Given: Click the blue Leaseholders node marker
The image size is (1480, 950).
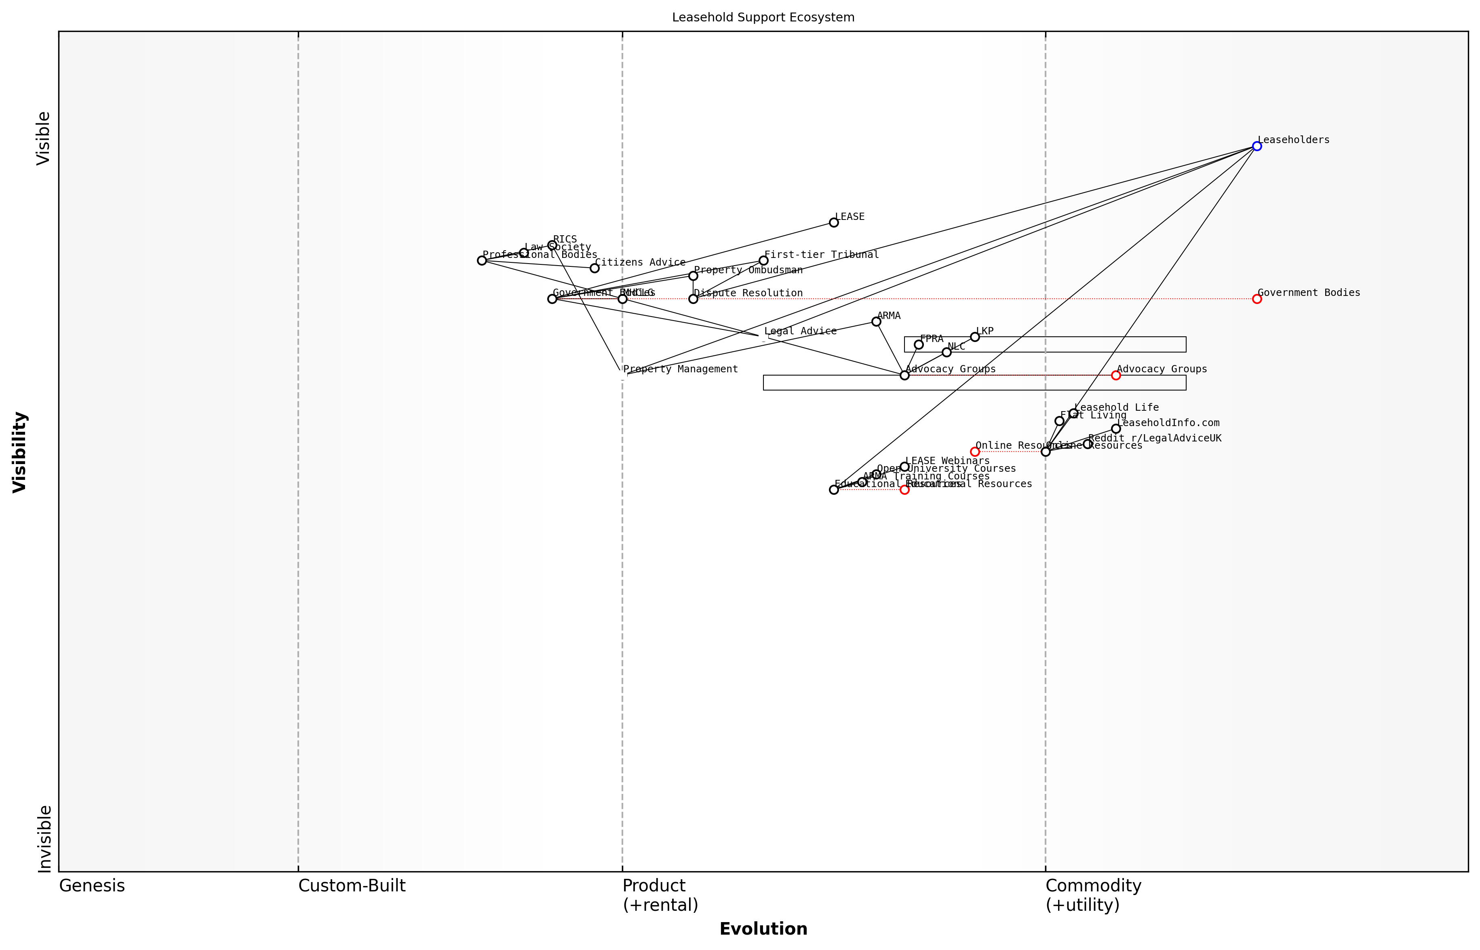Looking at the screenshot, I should coord(1256,146).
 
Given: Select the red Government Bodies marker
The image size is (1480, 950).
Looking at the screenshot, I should coord(1256,299).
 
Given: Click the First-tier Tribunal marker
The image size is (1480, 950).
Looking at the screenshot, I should coord(763,260).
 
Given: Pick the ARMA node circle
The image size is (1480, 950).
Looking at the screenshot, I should coord(876,321).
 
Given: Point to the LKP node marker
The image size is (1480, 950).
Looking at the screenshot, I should coord(974,337).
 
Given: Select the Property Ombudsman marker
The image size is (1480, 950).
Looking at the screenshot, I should coord(693,276).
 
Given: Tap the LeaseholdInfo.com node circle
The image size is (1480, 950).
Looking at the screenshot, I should coord(1115,429).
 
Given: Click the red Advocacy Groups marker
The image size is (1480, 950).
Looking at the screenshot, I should coord(1115,375).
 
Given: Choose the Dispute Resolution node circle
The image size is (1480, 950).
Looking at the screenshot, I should coord(693,299).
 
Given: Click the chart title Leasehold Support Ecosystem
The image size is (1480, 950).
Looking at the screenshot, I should coord(763,17).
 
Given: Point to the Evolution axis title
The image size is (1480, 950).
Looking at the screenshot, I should coord(763,929).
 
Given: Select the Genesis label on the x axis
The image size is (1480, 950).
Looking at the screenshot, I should coord(92,886).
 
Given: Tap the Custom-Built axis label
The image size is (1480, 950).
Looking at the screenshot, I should coord(352,886).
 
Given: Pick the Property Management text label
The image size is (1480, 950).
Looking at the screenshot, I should coord(680,369).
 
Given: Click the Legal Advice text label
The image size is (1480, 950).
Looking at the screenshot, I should coord(800,331).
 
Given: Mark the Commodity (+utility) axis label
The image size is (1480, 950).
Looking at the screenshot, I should coord(1093,895).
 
